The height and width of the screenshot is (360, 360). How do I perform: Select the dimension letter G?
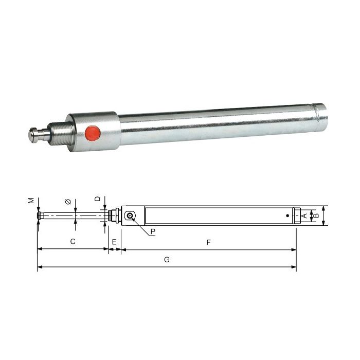point(167,260)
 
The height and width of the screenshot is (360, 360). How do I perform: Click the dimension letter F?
point(208,241)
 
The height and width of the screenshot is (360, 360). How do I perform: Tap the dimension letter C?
point(73,241)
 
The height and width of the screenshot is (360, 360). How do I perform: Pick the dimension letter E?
point(114,241)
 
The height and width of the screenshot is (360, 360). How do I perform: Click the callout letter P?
point(153,231)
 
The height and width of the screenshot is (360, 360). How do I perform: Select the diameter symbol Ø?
point(68,202)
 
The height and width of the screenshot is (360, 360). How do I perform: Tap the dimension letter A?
point(304,214)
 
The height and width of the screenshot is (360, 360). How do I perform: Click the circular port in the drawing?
point(132,217)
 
